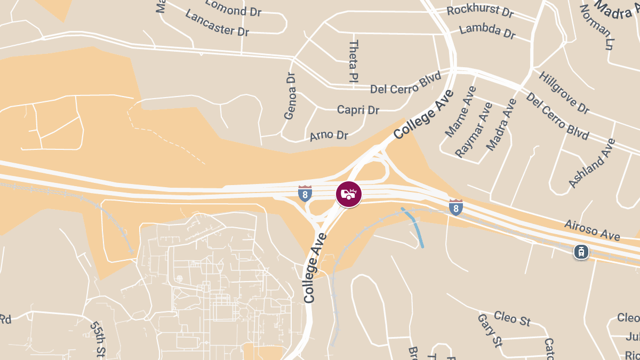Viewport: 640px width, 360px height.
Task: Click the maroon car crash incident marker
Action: tap(349, 194)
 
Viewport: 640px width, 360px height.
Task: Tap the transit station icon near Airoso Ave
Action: tap(581, 252)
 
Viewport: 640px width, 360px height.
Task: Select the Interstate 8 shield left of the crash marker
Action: tap(305, 194)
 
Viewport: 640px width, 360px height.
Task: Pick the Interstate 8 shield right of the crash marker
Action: tap(455, 207)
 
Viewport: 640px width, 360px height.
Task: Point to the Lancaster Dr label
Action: tap(217, 22)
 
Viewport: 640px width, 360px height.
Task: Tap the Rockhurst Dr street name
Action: tap(480, 11)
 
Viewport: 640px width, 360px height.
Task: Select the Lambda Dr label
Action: tap(487, 31)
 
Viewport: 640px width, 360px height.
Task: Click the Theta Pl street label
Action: tap(353, 61)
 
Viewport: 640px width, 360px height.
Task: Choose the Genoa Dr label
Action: tap(290, 96)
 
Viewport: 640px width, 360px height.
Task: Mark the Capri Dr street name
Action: tap(358, 110)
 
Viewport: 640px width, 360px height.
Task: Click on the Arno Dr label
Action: tap(329, 135)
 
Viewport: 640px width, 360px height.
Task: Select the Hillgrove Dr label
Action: tap(564, 92)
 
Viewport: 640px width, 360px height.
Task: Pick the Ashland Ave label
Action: tap(592, 163)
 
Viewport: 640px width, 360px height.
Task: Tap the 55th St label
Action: tap(97, 338)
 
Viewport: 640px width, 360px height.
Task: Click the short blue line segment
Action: tap(414, 227)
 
